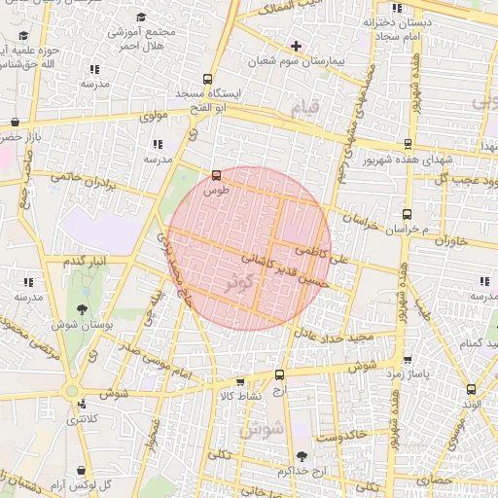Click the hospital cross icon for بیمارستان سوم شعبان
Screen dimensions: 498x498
(296, 46)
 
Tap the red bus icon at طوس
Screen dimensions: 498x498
(215, 177)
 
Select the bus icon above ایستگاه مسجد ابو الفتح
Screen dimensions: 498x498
(207, 79)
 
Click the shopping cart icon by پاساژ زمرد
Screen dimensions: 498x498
(407, 359)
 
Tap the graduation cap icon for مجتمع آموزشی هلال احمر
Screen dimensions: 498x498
(143, 18)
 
